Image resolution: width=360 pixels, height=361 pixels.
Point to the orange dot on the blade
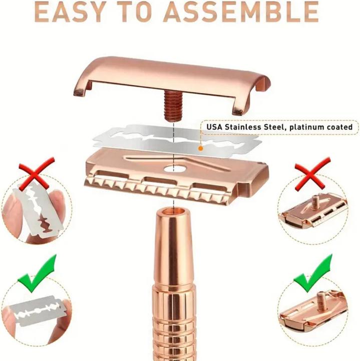pyautogui.click(x=201, y=148)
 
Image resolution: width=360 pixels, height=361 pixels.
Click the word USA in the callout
pyautogui.click(x=215, y=127)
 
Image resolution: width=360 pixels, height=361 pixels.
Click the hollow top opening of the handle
pyautogui.click(x=170, y=210)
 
